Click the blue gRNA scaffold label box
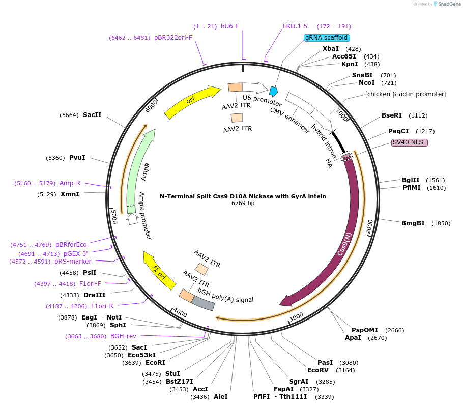coord(326,38)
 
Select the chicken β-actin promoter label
coord(406,94)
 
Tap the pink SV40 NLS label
coord(410,142)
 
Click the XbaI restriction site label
coord(331,49)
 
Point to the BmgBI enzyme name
coord(413,223)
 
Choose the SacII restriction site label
coord(92,115)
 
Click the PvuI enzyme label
coord(77,158)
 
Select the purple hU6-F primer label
coord(230,26)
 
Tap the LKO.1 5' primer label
coord(296,26)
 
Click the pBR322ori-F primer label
coord(173,38)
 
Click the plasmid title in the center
coord(243,196)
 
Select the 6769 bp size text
coord(243,204)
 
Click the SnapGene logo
coord(444,4)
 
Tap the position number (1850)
coord(441,223)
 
